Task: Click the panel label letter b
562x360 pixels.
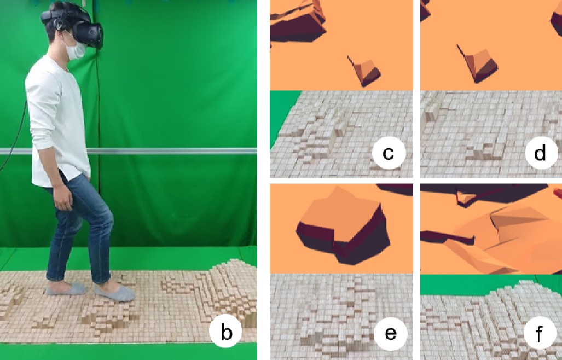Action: point(226,332)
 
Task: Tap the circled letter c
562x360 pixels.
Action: point(389,153)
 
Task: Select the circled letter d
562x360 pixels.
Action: point(541,153)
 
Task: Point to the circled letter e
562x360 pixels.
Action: point(390,334)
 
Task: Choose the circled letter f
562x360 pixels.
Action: point(540,334)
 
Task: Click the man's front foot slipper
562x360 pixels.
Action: point(115,292)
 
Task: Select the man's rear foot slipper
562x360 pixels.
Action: point(66,288)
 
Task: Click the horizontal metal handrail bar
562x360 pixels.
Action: point(172,151)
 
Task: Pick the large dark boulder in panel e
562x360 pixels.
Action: point(343,225)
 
